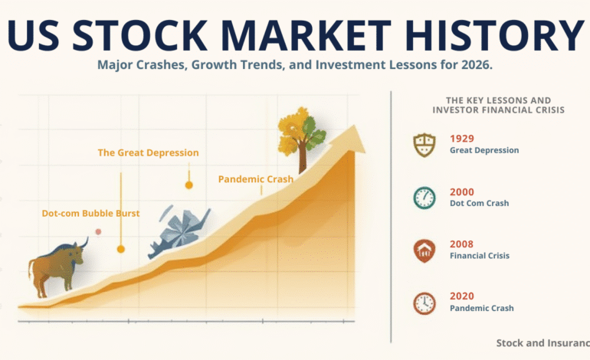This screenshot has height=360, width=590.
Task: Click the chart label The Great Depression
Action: click(x=148, y=152)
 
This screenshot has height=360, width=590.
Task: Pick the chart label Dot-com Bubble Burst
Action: click(x=90, y=213)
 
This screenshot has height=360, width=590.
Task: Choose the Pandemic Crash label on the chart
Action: click(x=255, y=179)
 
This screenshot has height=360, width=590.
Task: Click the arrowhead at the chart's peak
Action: click(x=354, y=137)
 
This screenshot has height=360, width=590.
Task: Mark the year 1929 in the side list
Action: click(x=462, y=139)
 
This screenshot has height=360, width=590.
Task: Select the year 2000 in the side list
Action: click(x=462, y=191)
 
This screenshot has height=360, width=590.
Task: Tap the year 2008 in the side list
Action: click(x=462, y=244)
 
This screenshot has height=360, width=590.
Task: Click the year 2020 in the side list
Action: click(x=462, y=296)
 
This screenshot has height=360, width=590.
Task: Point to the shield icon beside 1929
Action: click(x=424, y=145)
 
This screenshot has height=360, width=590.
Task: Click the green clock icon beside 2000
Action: click(x=424, y=198)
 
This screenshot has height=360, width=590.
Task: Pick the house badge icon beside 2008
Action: click(x=424, y=250)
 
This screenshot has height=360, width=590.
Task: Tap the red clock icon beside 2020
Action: click(x=424, y=303)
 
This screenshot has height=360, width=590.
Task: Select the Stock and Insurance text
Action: click(x=542, y=343)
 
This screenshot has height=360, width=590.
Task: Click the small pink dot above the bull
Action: click(x=98, y=231)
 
